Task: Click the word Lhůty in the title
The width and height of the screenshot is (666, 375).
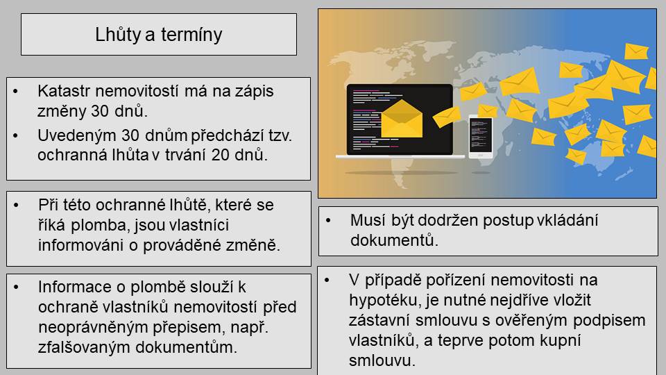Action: (117, 35)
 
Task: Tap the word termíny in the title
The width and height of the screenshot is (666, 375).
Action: (191, 35)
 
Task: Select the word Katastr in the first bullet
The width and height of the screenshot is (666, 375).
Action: (64, 91)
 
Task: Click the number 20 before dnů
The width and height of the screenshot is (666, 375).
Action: (221, 155)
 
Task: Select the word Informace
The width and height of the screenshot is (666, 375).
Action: (75, 287)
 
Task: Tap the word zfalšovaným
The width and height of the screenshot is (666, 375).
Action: (85, 347)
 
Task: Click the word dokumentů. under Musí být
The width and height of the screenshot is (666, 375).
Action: (394, 241)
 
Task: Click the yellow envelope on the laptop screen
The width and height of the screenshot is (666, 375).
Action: (402, 119)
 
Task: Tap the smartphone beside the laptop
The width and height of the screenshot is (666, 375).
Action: (480, 136)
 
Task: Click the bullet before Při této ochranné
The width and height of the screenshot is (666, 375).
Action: (16, 206)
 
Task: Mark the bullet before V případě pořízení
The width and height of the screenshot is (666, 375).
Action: (327, 280)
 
